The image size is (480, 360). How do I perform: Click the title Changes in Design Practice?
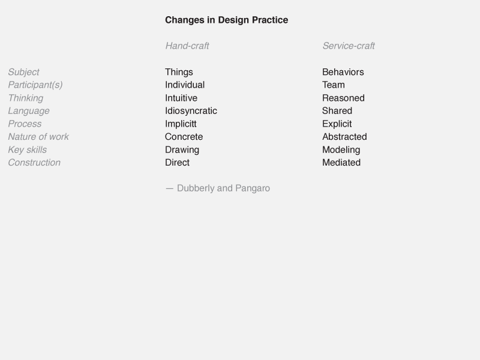227,20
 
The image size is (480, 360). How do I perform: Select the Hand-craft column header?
187,46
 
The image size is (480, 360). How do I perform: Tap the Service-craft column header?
349,46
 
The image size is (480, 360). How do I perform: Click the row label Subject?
23,72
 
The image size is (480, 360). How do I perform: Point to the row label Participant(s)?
35,85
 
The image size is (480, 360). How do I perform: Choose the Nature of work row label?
38,137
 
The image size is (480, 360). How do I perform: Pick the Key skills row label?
27,149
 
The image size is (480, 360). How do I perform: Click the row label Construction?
34,163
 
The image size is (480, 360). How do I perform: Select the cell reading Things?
179,72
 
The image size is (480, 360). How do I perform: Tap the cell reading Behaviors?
343,72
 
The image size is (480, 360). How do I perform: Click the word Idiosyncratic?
191,111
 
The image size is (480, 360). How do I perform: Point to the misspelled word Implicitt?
181,124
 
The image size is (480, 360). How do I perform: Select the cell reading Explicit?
337,124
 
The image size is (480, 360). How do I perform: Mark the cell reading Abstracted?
344,137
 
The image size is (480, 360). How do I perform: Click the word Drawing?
182,149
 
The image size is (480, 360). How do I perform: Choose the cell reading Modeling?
341,149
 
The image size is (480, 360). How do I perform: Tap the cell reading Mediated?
341,163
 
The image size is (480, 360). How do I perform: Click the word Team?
334,85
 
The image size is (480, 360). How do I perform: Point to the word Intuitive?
181,98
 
